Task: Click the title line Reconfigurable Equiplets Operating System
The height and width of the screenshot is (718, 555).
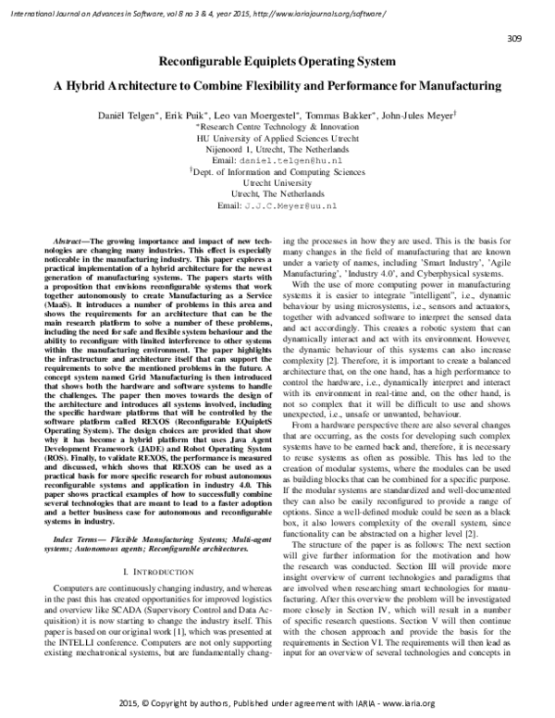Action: pos(277,62)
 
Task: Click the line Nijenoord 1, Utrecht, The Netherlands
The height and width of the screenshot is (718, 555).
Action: pos(277,148)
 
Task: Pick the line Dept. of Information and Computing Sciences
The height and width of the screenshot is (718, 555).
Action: pos(278,172)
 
